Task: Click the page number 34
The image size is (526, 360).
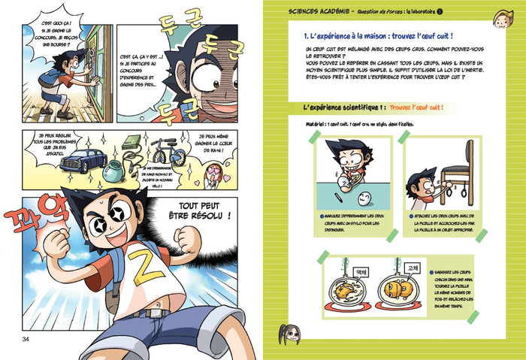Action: (x=25, y=341)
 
